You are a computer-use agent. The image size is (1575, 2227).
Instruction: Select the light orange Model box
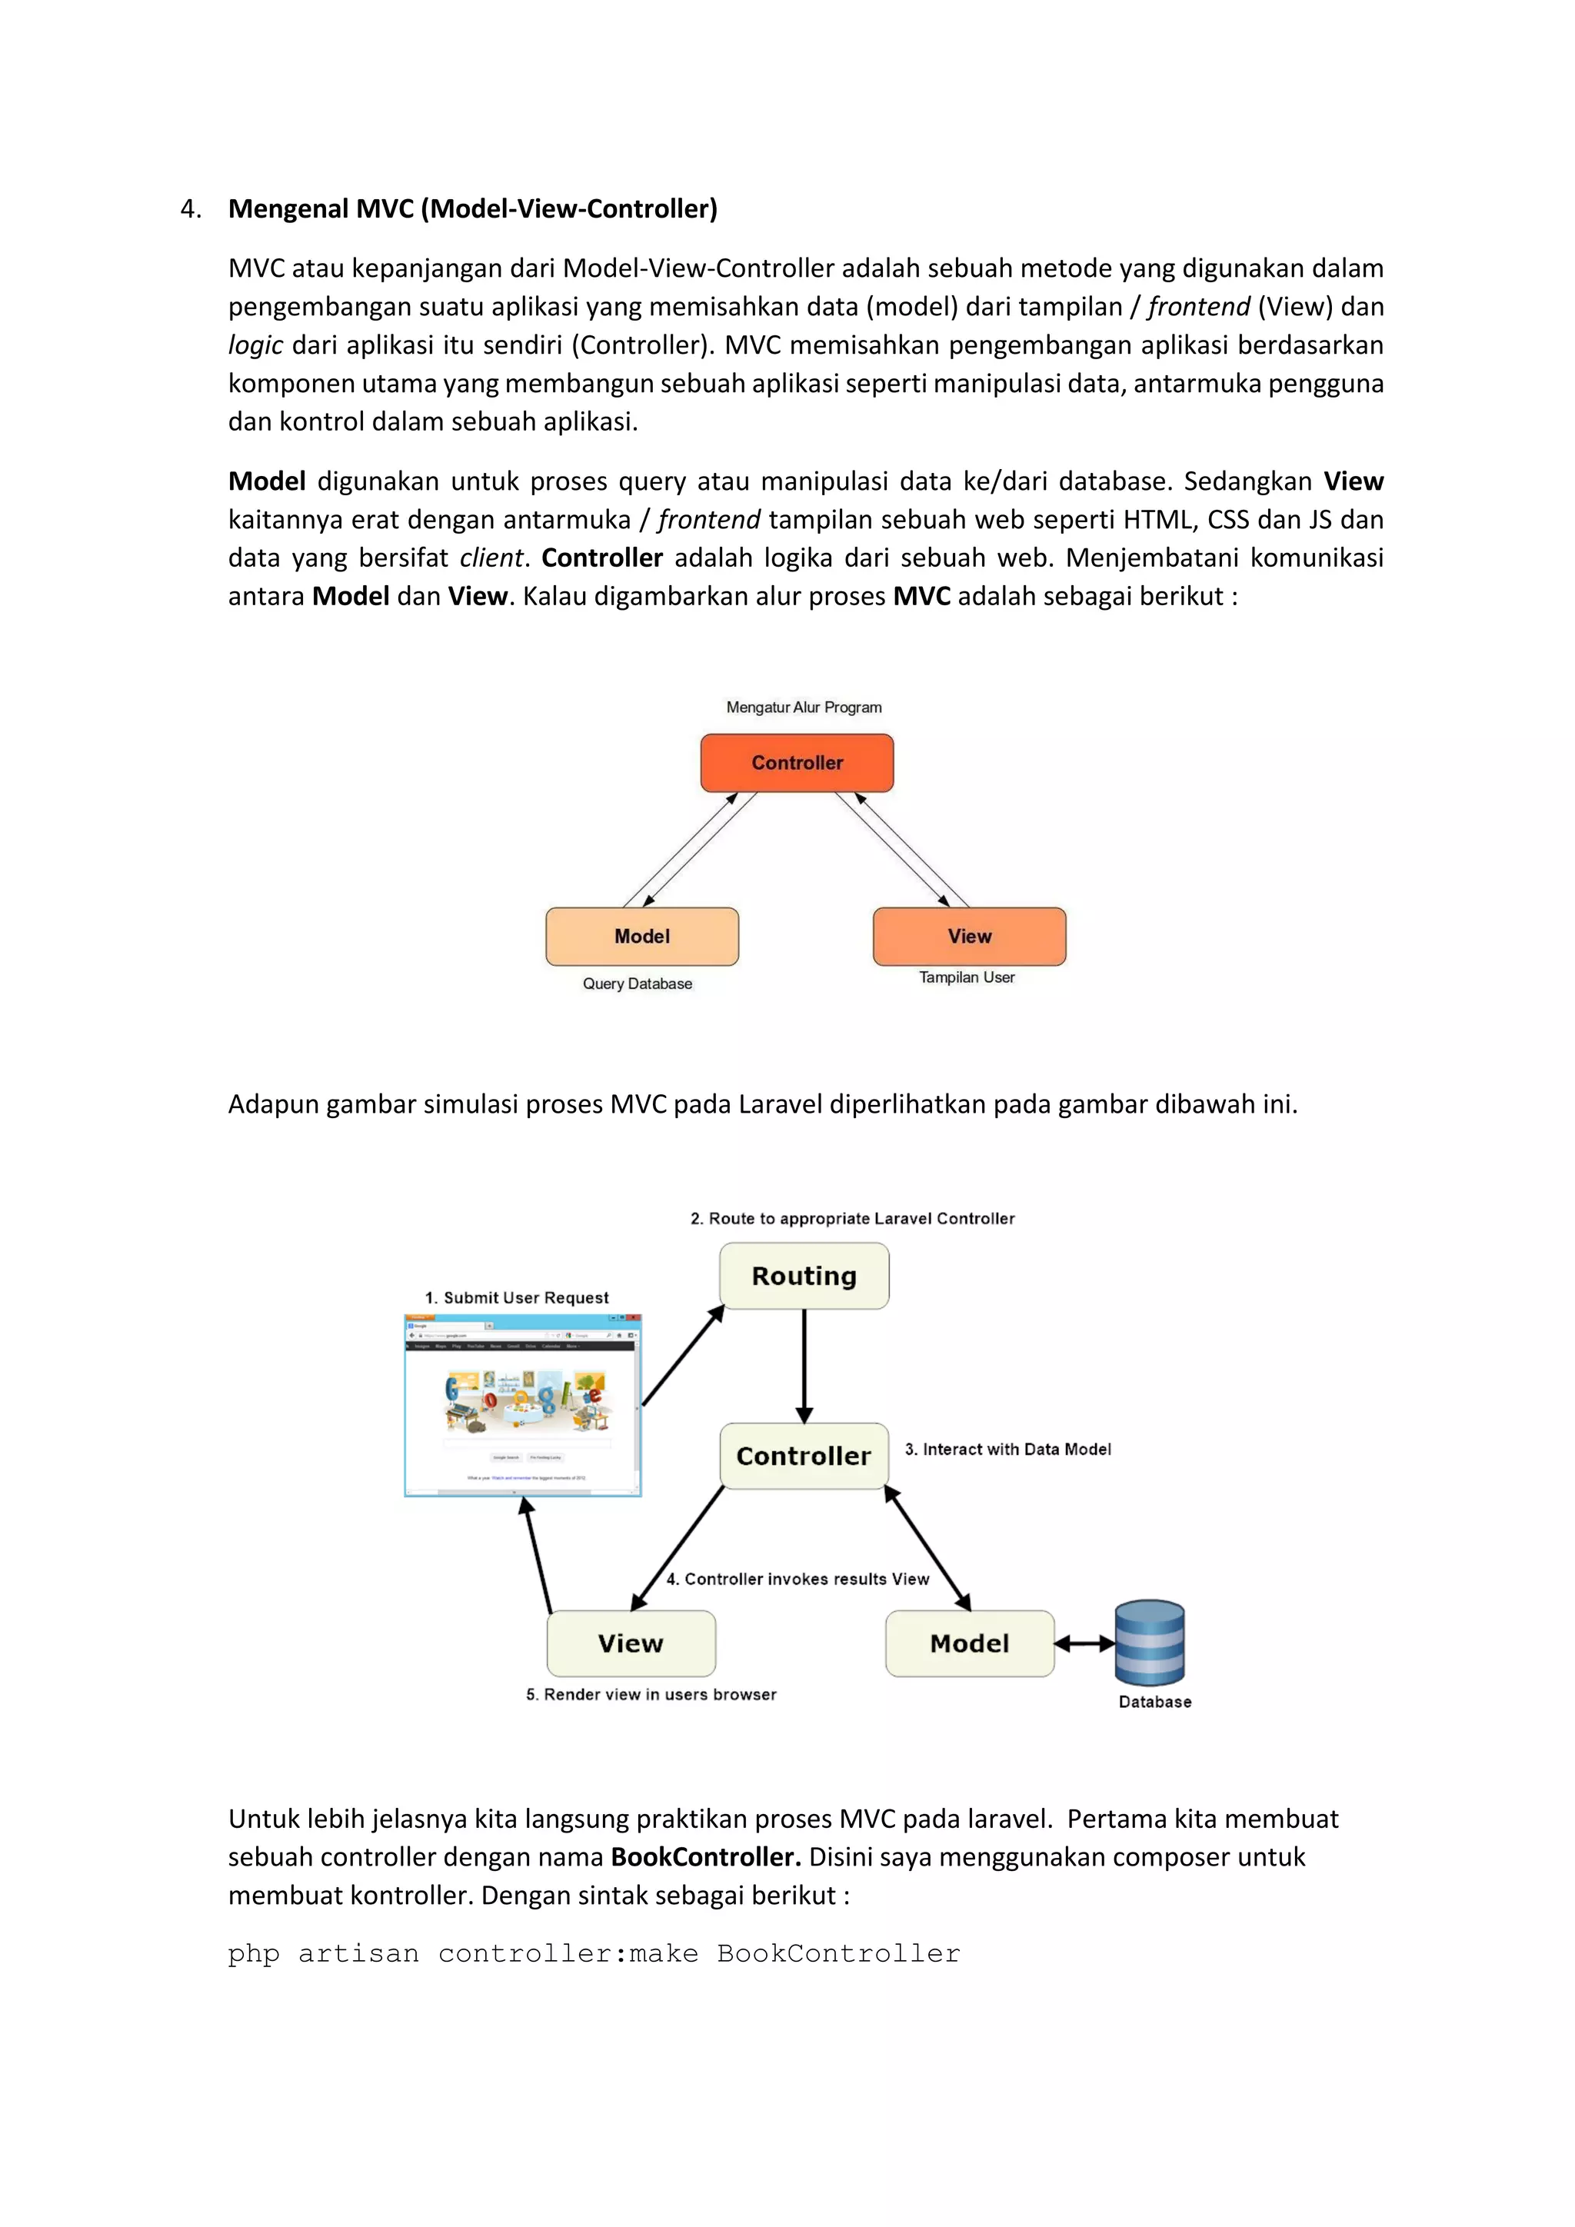pyautogui.click(x=641, y=936)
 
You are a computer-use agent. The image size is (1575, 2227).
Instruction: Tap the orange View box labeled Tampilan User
pyautogui.click(x=969, y=936)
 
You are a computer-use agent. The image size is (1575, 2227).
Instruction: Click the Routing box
pyautogui.click(x=804, y=1276)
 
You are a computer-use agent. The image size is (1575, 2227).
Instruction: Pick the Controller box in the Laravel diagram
pyautogui.click(x=804, y=1455)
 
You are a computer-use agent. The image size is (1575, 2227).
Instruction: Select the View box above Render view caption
pyautogui.click(x=631, y=1643)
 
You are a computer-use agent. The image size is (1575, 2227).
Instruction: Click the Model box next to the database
pyautogui.click(x=969, y=1643)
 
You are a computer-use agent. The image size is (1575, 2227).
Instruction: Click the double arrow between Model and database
pyautogui.click(x=1084, y=1643)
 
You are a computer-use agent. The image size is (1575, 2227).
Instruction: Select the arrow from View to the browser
pyautogui.click(x=538, y=1555)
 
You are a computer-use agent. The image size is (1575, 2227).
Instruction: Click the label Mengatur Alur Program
pyautogui.click(x=804, y=707)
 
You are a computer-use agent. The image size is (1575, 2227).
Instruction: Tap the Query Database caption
pyautogui.click(x=638, y=984)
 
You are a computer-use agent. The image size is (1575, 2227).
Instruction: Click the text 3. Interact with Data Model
pyautogui.click(x=1007, y=1449)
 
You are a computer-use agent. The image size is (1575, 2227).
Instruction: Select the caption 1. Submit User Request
pyautogui.click(x=517, y=1298)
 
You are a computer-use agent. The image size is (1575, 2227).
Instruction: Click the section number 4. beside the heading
pyautogui.click(x=191, y=208)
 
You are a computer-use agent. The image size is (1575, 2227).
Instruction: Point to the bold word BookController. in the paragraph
pyautogui.click(x=705, y=1856)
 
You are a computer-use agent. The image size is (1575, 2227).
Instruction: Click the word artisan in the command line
pyautogui.click(x=359, y=1953)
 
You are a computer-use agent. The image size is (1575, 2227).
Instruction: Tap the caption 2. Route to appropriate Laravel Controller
pyautogui.click(x=852, y=1218)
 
